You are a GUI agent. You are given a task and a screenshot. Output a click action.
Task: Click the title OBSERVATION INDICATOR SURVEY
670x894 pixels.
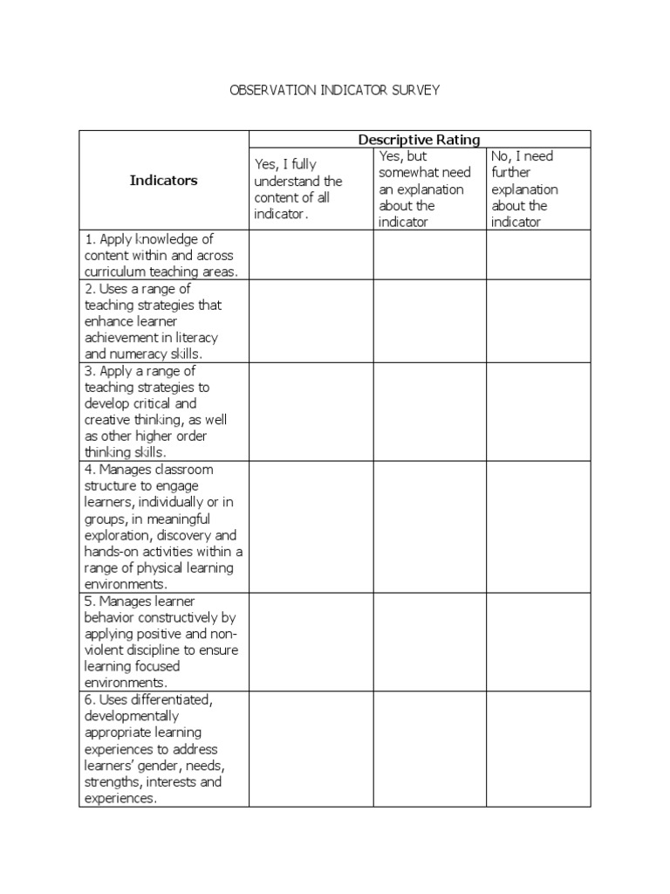[x=335, y=90]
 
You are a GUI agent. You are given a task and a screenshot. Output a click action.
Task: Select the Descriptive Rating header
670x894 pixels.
[x=420, y=139]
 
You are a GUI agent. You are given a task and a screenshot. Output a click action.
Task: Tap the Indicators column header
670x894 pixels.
[x=164, y=181]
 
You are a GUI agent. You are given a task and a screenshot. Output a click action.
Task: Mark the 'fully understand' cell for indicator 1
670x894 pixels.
[x=311, y=255]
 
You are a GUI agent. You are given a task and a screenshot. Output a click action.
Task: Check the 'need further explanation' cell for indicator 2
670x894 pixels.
[x=538, y=321]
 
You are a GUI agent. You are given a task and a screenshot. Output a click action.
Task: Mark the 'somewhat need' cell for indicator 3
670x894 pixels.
[x=429, y=412]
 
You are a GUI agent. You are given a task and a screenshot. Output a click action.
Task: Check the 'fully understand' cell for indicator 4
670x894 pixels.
[x=311, y=527]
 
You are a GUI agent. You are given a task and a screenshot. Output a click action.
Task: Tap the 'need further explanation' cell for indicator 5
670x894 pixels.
[x=538, y=643]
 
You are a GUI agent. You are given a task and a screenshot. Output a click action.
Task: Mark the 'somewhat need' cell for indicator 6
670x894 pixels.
[x=429, y=749]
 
